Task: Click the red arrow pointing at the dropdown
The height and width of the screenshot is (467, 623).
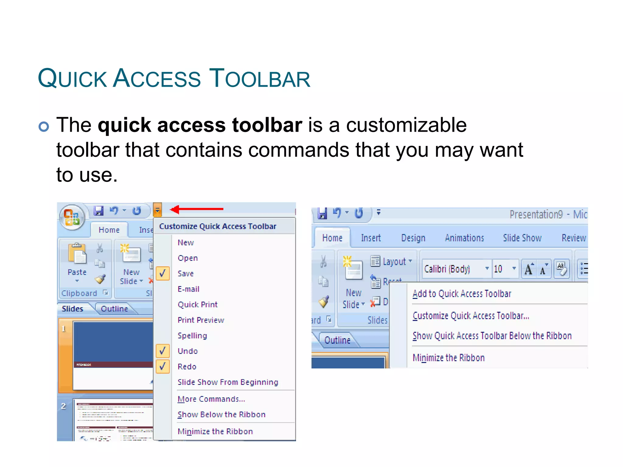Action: (197, 209)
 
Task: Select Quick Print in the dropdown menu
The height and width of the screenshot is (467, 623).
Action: (197, 304)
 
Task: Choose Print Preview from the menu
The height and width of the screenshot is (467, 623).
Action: (201, 320)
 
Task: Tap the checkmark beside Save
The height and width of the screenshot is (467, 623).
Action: (163, 273)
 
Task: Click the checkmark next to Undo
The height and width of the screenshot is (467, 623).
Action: (163, 351)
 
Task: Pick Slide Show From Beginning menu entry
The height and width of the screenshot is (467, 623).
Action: (228, 382)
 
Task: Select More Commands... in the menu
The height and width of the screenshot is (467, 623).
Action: (211, 399)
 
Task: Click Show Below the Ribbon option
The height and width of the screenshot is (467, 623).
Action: (221, 414)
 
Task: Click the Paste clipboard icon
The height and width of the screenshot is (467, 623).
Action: (77, 254)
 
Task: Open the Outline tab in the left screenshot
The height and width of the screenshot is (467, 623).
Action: (114, 309)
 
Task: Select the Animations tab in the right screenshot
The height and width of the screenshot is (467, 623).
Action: (464, 238)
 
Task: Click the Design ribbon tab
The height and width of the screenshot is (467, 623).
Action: (413, 238)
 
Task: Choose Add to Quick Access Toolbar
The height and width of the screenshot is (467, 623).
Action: (462, 294)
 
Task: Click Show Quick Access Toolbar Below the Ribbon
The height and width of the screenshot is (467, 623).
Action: (492, 336)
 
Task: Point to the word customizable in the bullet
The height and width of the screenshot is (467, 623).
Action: (406, 125)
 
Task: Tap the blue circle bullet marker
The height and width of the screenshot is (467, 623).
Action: (44, 126)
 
